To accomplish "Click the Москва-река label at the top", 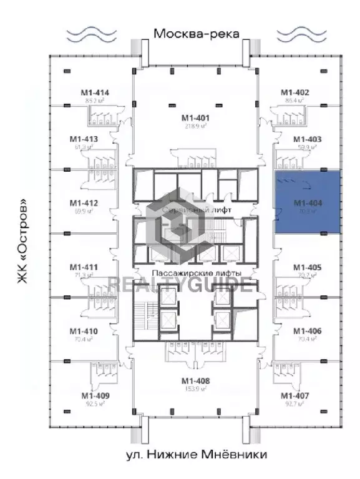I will tap(197, 33).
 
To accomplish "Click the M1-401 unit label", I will tap(195, 117).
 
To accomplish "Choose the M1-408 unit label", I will tap(195, 381).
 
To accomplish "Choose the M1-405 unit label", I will tap(307, 267).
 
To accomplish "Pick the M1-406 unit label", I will tap(307, 331).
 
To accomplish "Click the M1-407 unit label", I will tap(294, 395).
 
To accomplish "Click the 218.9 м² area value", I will tap(195, 126).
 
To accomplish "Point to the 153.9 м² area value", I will tap(195, 389).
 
